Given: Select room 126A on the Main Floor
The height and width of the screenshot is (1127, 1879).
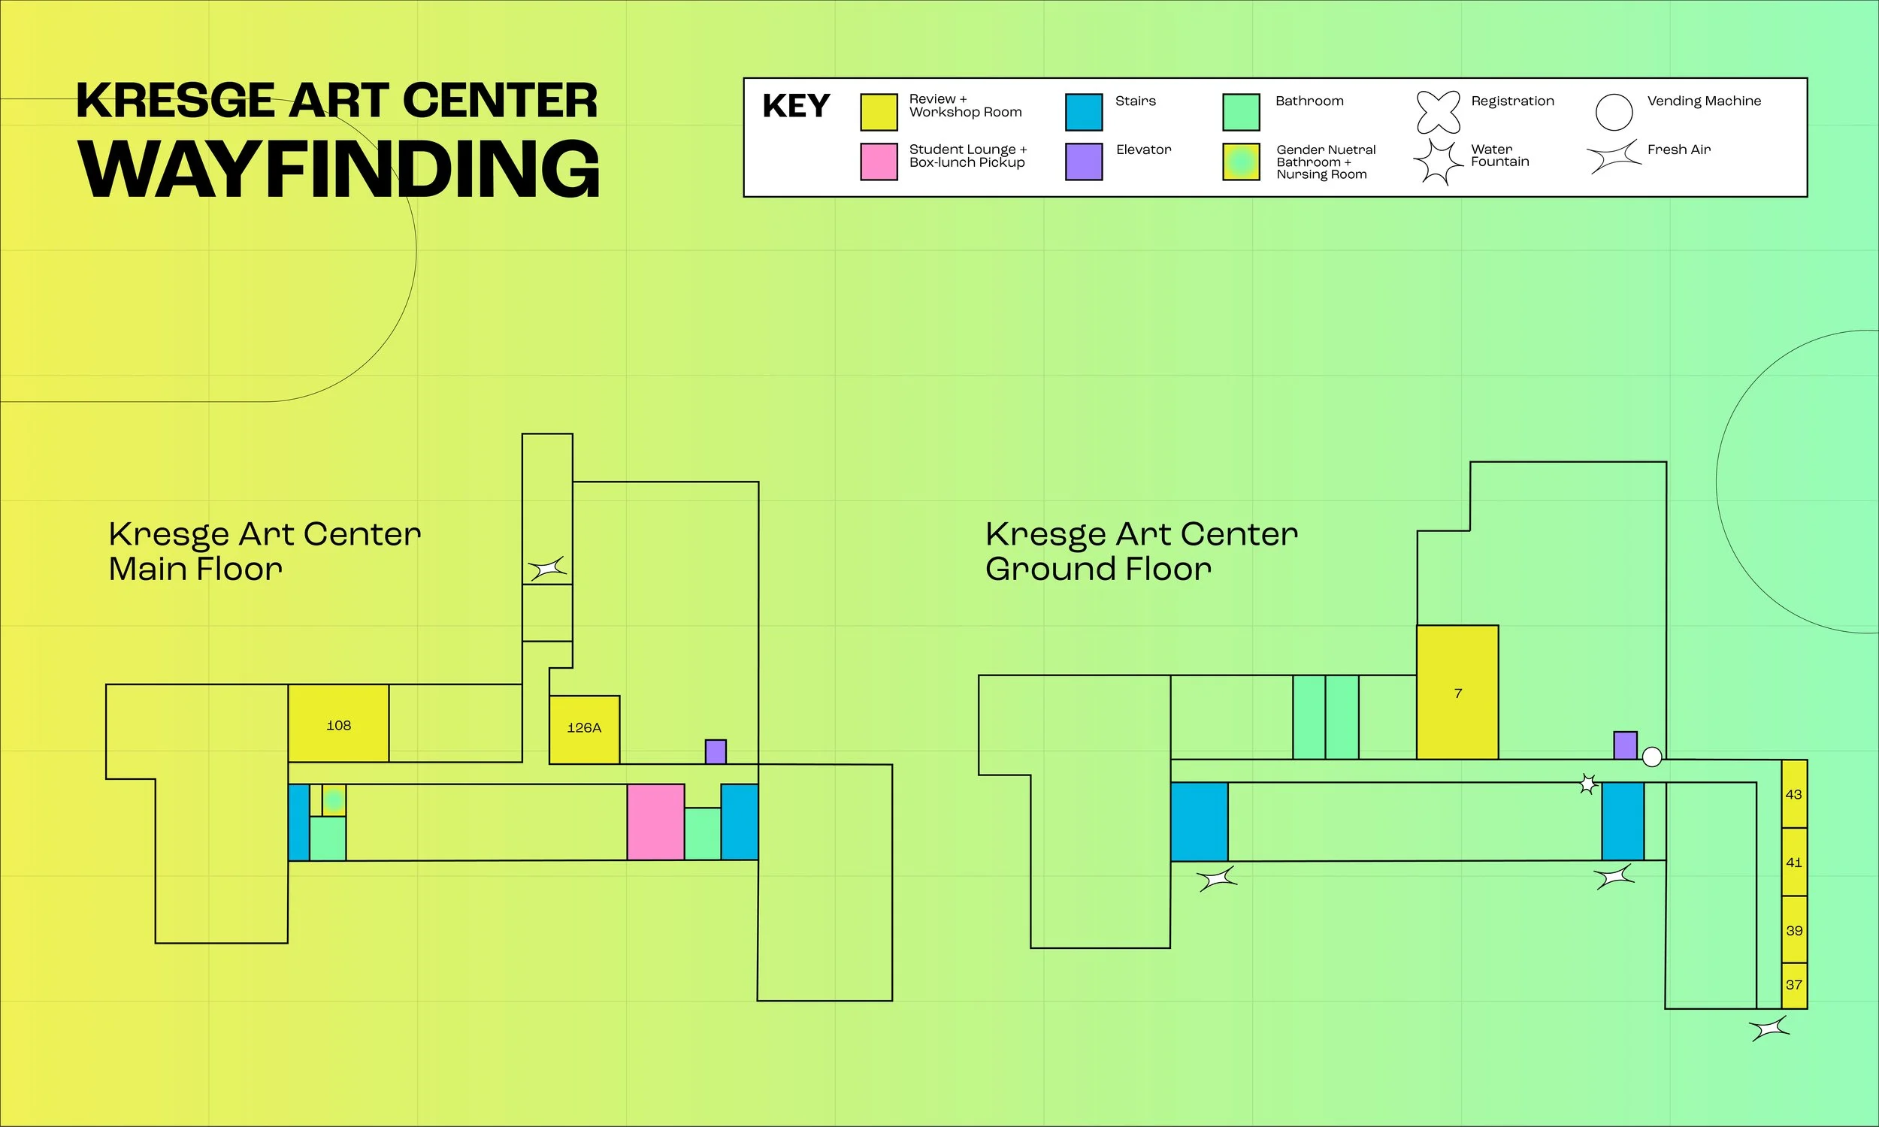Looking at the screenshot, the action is tap(584, 729).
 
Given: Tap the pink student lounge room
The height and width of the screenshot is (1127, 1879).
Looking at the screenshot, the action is tap(655, 822).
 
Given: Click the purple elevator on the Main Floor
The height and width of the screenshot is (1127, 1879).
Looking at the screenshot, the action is tap(716, 752).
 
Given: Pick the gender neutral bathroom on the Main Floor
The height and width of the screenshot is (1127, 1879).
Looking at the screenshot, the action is tap(334, 799).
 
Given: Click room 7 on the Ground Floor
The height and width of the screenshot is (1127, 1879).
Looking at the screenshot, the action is tap(1457, 693).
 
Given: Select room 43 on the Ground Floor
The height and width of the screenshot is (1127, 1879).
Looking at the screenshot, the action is tap(1794, 794).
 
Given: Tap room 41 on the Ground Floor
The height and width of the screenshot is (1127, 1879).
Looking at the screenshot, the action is tap(1794, 862).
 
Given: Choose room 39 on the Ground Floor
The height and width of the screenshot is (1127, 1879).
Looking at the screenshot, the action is tap(1794, 930).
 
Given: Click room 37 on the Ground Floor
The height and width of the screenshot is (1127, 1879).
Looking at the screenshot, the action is tap(1794, 985).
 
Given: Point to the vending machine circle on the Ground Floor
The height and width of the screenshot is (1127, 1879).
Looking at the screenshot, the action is tap(1652, 757).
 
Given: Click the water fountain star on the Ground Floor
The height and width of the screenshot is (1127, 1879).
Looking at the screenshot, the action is tap(1587, 784).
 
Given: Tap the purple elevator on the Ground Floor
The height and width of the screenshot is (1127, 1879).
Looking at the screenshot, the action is tap(1625, 745).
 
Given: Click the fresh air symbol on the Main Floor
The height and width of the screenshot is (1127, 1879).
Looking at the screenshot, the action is tap(548, 568).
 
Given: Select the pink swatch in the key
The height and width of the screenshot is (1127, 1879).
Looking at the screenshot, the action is tap(879, 162).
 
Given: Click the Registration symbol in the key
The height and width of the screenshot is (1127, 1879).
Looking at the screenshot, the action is tap(1438, 112).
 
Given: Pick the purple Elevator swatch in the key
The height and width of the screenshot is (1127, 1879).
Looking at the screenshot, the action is tap(1084, 162).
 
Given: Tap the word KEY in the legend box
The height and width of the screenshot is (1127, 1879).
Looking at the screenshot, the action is tap(796, 107).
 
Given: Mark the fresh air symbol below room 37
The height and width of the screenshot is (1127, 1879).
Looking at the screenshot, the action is tap(1769, 1029).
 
